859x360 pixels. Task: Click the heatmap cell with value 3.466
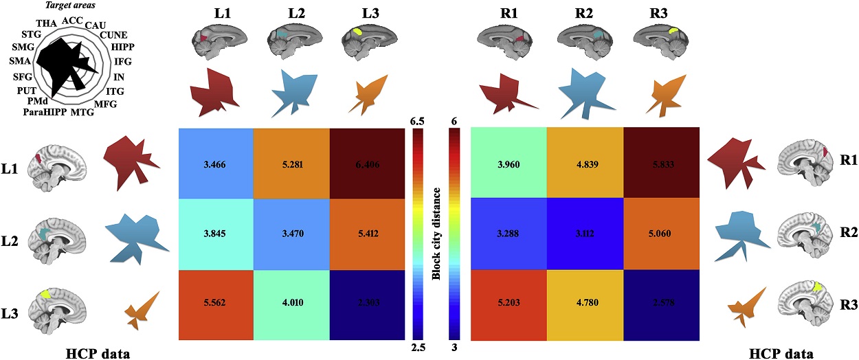(216, 164)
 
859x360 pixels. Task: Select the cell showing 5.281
(291, 164)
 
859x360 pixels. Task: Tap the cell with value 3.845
(216, 233)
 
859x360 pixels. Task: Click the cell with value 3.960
(509, 164)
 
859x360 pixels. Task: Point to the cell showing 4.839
(585, 164)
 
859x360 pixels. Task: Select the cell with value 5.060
(661, 233)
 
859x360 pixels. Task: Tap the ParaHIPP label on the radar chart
(45, 111)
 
